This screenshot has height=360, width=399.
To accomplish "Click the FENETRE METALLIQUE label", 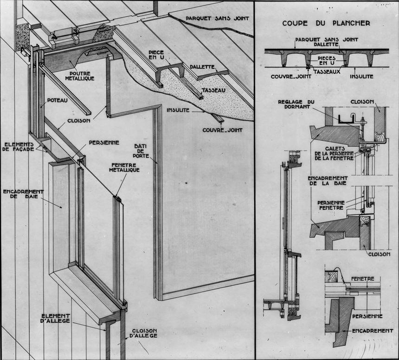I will coord(125,168).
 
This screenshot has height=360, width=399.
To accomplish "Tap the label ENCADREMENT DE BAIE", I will coord(23,195).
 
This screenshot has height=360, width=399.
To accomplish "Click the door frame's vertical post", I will coord(159,204).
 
